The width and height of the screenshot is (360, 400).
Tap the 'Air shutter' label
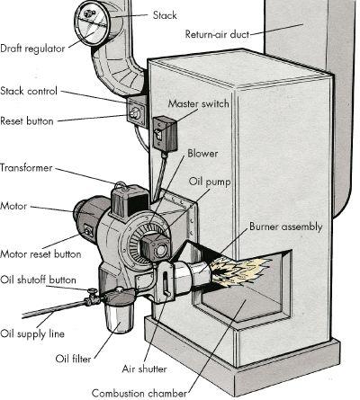[145, 368]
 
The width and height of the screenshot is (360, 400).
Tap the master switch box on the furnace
[164, 132]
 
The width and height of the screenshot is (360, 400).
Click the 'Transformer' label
[26, 167]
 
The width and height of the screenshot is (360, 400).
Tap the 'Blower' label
[202, 154]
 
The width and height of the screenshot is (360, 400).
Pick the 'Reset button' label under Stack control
[28, 120]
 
